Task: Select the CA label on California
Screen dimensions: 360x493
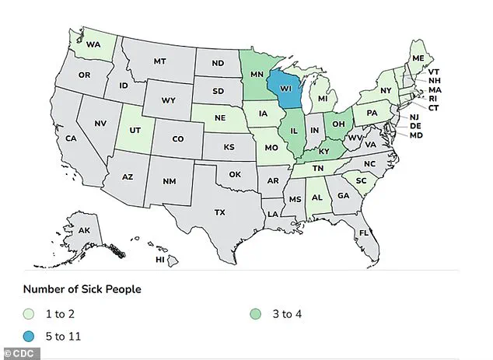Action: [x=70, y=138]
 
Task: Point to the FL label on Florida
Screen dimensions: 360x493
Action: [x=363, y=232]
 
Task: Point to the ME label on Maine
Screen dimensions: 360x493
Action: [x=418, y=58]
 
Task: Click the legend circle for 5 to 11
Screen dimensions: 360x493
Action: [x=30, y=337]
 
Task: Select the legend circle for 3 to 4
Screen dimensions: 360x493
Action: [x=258, y=315]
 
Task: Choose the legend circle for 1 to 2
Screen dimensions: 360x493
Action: [x=30, y=315]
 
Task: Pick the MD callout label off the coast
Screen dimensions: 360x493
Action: [x=416, y=135]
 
